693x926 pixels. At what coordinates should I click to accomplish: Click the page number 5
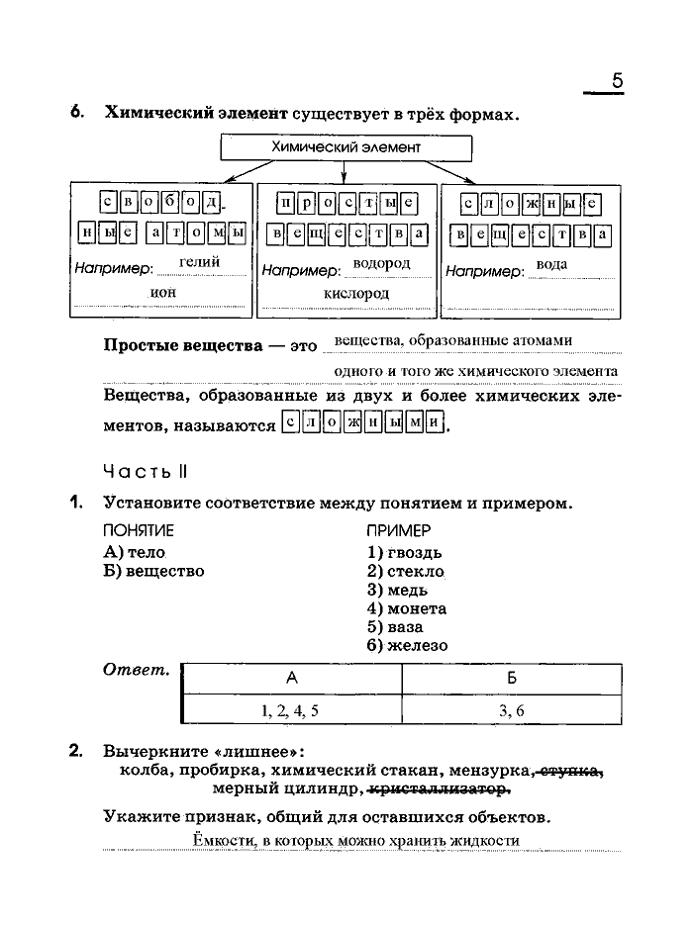(617, 81)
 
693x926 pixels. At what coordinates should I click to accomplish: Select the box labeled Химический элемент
(346, 146)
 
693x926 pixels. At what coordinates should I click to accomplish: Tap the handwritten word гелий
(199, 262)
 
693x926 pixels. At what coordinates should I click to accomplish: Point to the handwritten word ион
(162, 292)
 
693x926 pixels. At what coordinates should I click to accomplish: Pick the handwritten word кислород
(356, 293)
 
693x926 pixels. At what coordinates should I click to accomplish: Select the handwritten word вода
(550, 264)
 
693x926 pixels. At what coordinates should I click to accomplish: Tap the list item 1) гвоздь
(404, 552)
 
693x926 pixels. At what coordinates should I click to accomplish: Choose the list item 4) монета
(406, 608)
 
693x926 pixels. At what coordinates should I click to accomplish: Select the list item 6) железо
(407, 645)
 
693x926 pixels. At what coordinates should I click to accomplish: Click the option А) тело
(134, 552)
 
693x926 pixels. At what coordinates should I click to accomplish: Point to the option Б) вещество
(153, 571)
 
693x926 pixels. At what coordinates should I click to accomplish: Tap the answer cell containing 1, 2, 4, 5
(290, 709)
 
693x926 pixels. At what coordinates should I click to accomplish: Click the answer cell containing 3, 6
(512, 709)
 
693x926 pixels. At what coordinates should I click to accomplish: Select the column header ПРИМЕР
(398, 530)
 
